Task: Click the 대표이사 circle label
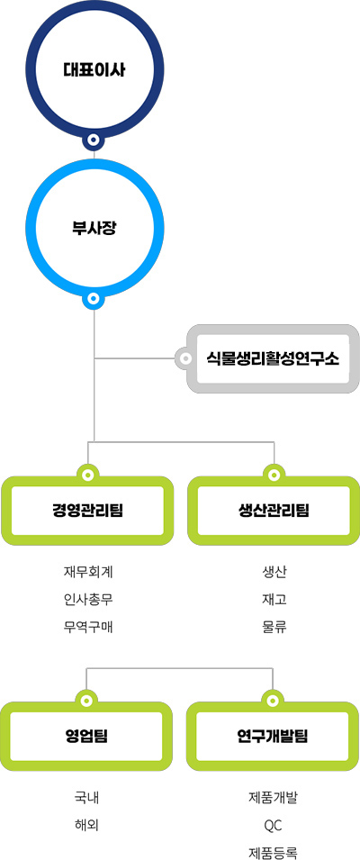94,71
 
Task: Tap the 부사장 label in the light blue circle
94,228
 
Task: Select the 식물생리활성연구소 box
273,359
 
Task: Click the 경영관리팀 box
87,511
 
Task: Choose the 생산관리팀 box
274,511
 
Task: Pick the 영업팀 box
86,736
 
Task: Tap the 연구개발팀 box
273,736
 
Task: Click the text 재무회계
88,572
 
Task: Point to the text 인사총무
88,600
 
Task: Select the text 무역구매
88,627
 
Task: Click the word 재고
274,600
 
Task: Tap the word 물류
274,627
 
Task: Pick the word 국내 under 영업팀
86,798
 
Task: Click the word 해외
86,825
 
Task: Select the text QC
273,825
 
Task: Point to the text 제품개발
273,798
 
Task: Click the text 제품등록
273,852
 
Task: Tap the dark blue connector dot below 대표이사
94,140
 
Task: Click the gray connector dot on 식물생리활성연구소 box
185,359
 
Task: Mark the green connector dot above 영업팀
86,701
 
